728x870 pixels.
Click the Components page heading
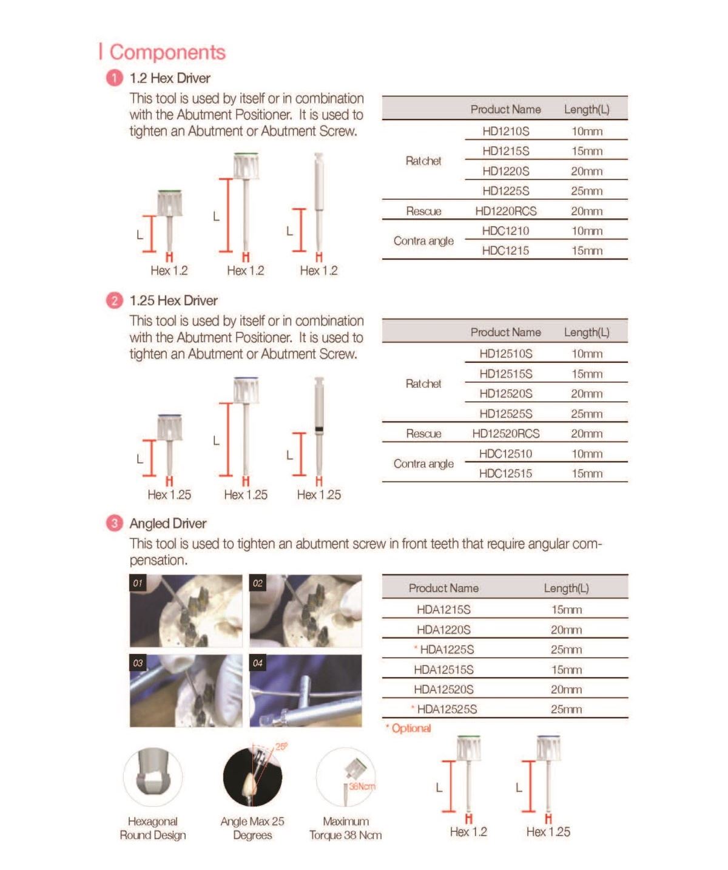[x=167, y=52]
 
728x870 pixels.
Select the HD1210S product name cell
[x=505, y=131]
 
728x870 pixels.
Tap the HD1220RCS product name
[x=505, y=211]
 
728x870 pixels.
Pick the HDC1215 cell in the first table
[x=505, y=251]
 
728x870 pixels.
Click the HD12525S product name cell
[x=505, y=414]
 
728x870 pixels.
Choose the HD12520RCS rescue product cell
[x=505, y=434]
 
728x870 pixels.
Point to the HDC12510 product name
[x=505, y=454]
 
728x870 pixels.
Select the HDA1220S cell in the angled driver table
[x=443, y=630]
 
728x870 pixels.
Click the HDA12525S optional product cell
[x=447, y=709]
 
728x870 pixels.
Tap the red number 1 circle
[x=114, y=78]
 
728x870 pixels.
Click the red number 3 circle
[x=114, y=523]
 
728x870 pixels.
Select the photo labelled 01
[x=186, y=611]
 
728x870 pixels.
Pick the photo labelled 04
[x=306, y=690]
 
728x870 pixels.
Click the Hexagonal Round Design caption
[x=153, y=828]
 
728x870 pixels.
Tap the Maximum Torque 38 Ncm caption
[x=345, y=828]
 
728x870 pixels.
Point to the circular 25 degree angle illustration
[x=252, y=777]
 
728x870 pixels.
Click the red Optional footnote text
[x=411, y=728]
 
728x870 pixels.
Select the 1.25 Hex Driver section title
[x=174, y=300]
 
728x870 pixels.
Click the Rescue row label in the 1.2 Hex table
[x=423, y=211]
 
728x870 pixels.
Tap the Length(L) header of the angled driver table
[x=566, y=588]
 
